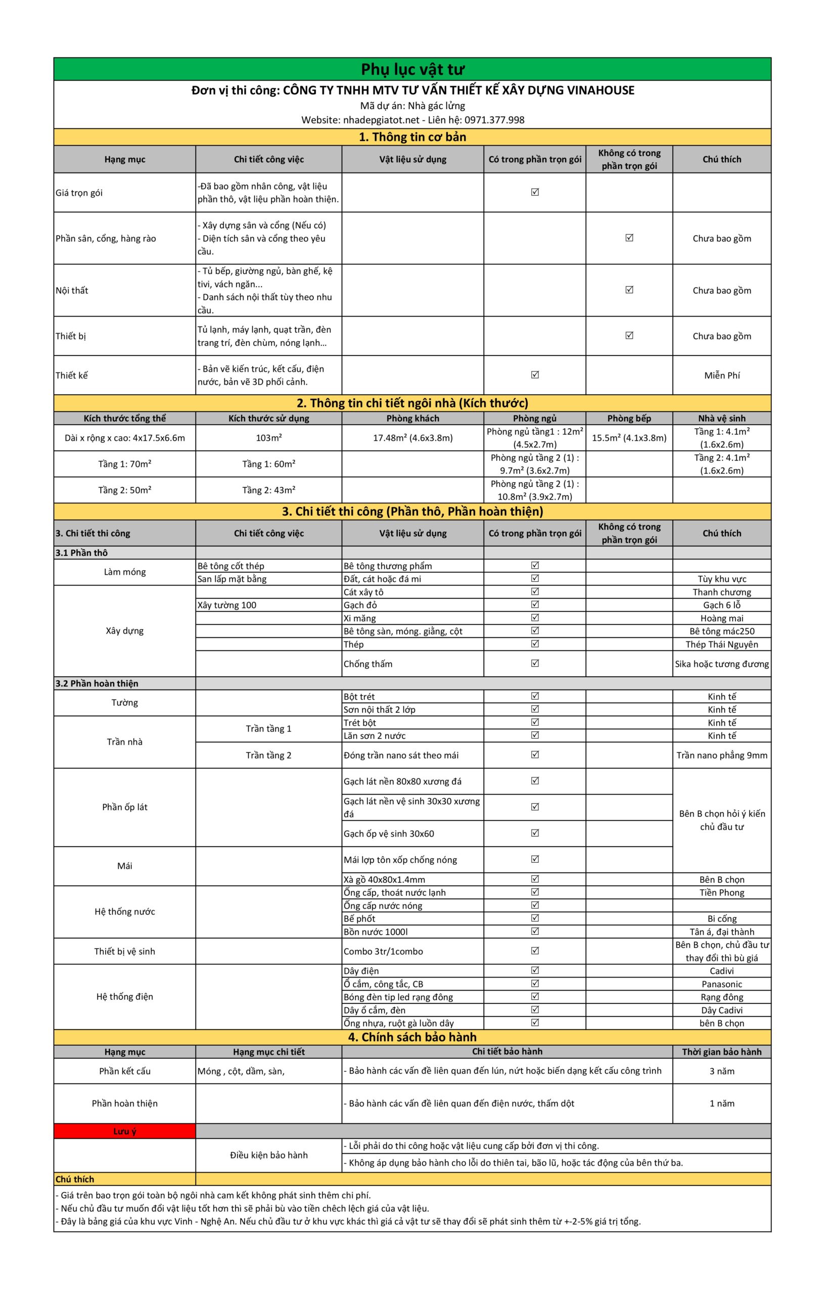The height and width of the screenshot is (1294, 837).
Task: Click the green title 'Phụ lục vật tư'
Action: [412, 70]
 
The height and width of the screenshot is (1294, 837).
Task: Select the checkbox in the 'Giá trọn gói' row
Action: [535, 192]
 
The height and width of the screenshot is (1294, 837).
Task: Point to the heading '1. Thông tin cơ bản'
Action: [412, 137]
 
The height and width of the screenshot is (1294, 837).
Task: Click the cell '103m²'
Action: [268, 438]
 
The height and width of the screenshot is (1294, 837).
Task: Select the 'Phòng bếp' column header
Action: [629, 418]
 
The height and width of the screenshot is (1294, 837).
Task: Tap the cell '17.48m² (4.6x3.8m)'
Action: [412, 438]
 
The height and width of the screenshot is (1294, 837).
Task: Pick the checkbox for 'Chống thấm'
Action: [535, 663]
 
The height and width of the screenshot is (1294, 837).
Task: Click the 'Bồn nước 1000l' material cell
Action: [376, 932]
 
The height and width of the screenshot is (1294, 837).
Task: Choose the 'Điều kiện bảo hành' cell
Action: [268, 1155]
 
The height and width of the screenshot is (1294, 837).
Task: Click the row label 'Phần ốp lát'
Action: [124, 807]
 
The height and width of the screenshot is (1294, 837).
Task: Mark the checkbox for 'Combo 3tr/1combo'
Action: [535, 950]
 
